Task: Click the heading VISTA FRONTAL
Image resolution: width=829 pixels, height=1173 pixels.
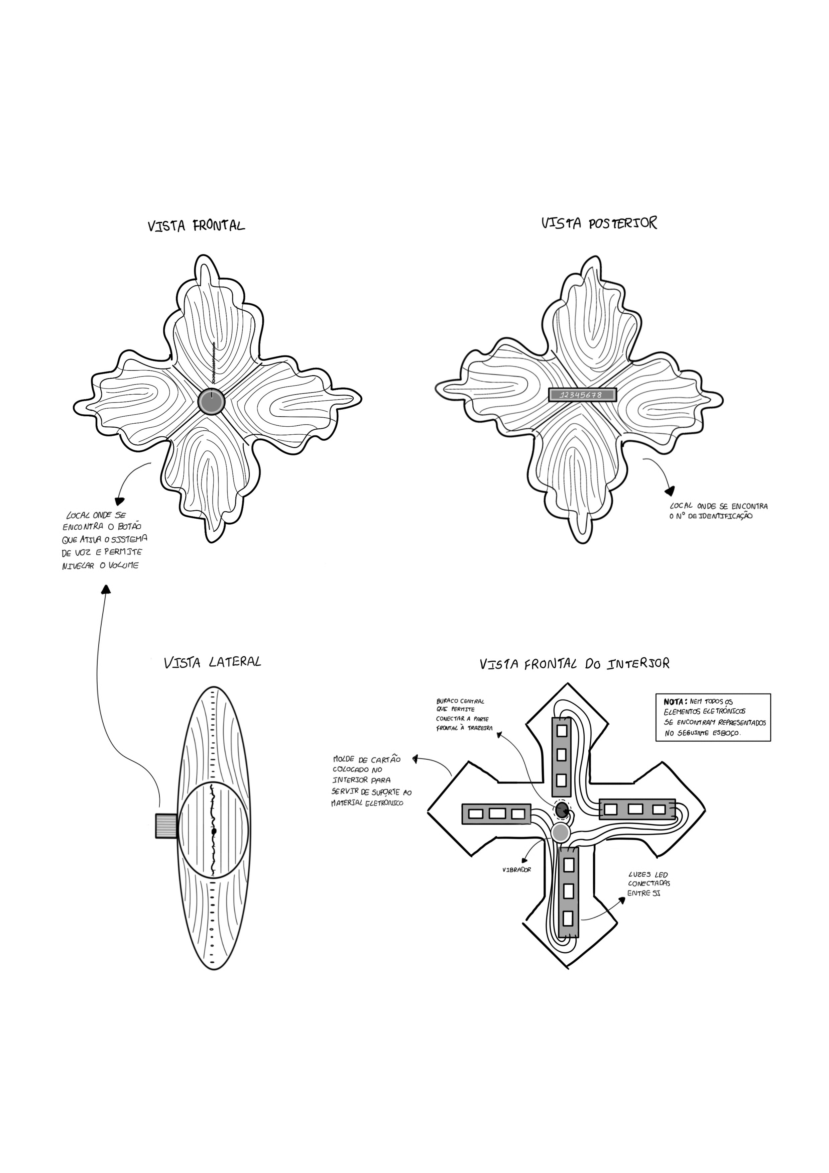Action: (x=196, y=225)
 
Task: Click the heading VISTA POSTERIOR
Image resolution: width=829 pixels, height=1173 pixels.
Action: (x=599, y=223)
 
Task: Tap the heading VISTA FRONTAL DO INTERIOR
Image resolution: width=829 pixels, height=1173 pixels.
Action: (x=574, y=664)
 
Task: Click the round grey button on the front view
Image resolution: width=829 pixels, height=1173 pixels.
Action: (x=211, y=402)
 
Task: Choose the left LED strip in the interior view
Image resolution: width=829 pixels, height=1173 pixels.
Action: (x=495, y=813)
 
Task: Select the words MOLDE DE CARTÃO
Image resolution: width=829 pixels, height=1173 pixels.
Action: (x=366, y=760)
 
